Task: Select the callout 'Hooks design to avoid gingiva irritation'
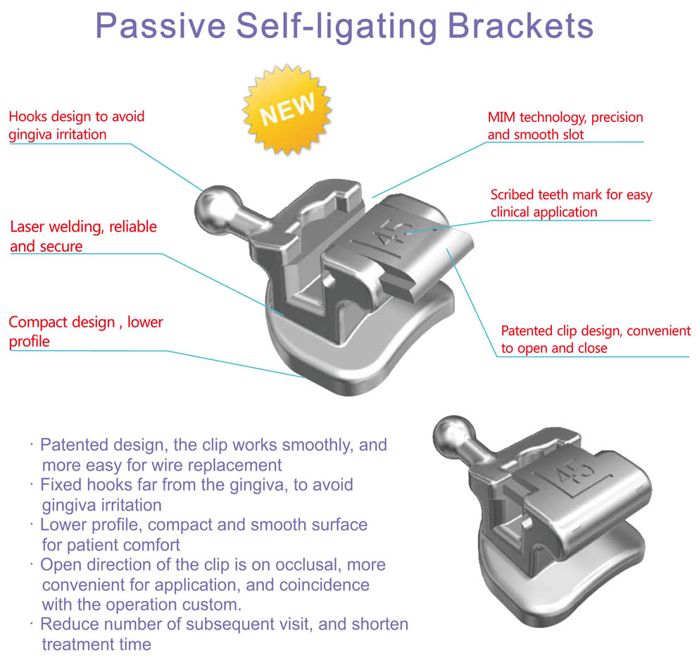pyautogui.click(x=77, y=125)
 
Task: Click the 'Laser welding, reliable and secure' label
pyautogui.click(x=83, y=237)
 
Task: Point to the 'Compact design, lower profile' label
pyautogui.click(x=86, y=332)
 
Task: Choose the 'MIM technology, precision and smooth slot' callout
pyautogui.click(x=565, y=125)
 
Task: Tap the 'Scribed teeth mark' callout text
pyautogui.click(x=571, y=203)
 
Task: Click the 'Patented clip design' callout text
pyautogui.click(x=595, y=339)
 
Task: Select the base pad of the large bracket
pyautogui.click(x=331, y=366)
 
